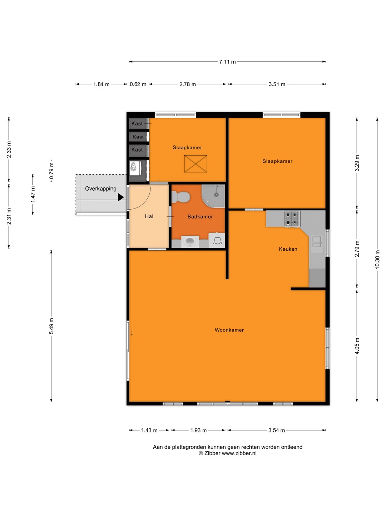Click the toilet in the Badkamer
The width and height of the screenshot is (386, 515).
[180, 197]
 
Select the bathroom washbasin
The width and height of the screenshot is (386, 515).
[190, 241]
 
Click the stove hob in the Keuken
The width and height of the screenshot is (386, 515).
[292, 219]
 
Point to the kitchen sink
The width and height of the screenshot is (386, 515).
[317, 241]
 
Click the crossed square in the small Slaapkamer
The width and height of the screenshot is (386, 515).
[196, 164]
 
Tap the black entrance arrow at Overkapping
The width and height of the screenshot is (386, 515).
[121, 197]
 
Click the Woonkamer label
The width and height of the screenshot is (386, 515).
[229, 330]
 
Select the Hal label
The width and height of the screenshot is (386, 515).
[149, 216]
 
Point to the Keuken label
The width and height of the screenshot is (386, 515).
[288, 249]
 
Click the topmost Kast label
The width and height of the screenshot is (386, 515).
[137, 123]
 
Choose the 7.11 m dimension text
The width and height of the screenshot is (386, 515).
[227, 62]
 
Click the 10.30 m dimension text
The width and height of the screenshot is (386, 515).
[377, 259]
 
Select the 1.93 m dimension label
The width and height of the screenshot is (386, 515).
[198, 430]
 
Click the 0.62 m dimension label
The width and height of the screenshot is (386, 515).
[138, 84]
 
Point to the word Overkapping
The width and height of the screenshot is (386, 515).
[101, 188]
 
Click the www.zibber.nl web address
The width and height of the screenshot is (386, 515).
[239, 453]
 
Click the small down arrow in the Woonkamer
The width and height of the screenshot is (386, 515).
[132, 333]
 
